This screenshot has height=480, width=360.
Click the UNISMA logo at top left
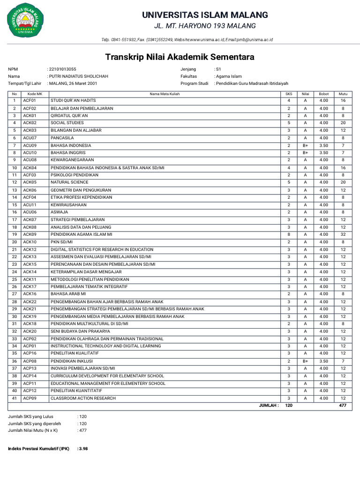(27, 22)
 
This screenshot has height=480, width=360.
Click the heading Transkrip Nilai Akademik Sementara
(180, 57)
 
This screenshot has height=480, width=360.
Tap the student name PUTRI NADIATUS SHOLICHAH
(78, 76)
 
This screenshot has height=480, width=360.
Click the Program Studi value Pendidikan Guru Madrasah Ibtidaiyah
(251, 83)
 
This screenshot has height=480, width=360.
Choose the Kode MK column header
(35, 94)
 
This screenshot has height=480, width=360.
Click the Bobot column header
(323, 94)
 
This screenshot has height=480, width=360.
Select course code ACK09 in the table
(30, 234)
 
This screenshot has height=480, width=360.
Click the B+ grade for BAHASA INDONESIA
(305, 145)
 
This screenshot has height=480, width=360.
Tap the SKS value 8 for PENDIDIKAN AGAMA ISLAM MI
(289, 234)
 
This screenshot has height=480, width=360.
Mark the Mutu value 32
(343, 234)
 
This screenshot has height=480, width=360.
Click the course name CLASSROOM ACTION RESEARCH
(83, 398)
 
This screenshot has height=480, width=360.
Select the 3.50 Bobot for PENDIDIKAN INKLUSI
(323, 361)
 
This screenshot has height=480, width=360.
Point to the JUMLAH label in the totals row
(269, 405)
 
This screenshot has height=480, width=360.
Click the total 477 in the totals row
(343, 405)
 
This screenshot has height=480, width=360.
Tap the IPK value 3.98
(83, 449)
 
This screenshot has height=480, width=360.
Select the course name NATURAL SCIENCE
(69, 182)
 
